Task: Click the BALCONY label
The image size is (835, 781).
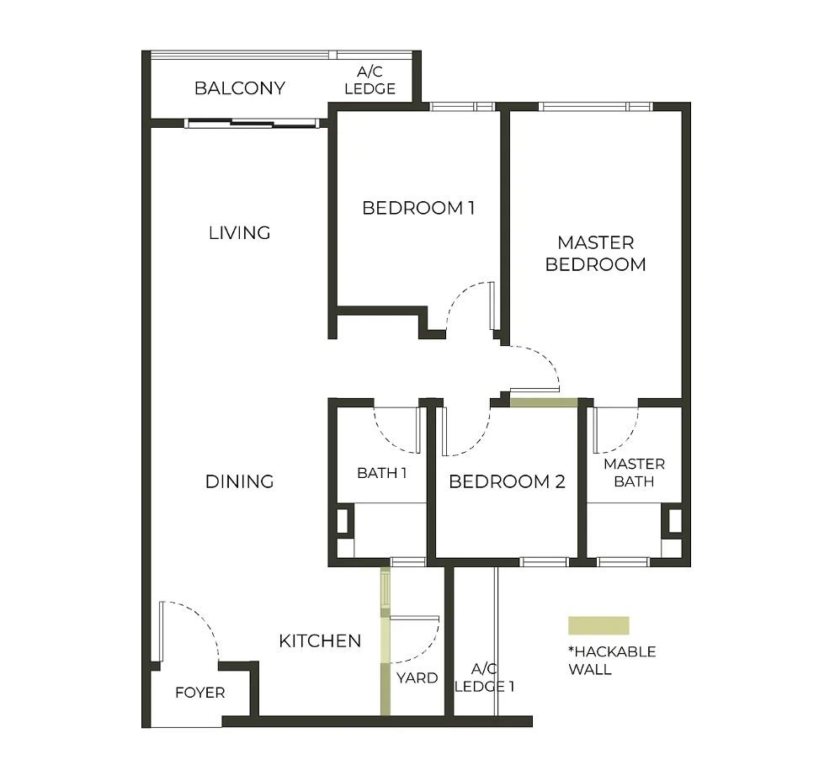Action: pyautogui.click(x=239, y=88)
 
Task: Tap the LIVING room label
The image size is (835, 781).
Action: pyautogui.click(x=240, y=232)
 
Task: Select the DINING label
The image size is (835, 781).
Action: pyautogui.click(x=240, y=481)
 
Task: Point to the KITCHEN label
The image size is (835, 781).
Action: pyautogui.click(x=320, y=641)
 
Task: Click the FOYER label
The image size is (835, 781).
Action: pyautogui.click(x=199, y=693)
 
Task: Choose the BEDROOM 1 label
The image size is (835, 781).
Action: pyautogui.click(x=418, y=208)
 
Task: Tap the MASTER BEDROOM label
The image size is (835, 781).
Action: pyautogui.click(x=596, y=253)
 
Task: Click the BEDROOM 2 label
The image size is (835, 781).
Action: pyautogui.click(x=507, y=481)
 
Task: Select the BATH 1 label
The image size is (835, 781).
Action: pyautogui.click(x=381, y=473)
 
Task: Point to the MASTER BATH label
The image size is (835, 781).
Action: pyautogui.click(x=634, y=473)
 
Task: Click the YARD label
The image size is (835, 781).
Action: pyautogui.click(x=417, y=677)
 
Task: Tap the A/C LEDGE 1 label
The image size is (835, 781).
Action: pyautogui.click(x=484, y=677)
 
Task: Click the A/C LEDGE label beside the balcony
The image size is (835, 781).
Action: pyautogui.click(x=370, y=82)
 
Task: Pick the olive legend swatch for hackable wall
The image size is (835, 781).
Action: pyautogui.click(x=598, y=625)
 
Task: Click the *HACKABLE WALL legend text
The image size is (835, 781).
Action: pyautogui.click(x=612, y=661)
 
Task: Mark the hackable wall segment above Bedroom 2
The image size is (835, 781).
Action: pyautogui.click(x=544, y=402)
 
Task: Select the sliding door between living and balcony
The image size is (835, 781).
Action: pyautogui.click(x=253, y=124)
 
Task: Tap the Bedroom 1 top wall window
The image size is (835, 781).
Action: pyautogui.click(x=462, y=107)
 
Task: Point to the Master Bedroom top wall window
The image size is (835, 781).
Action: pyautogui.click(x=596, y=107)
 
